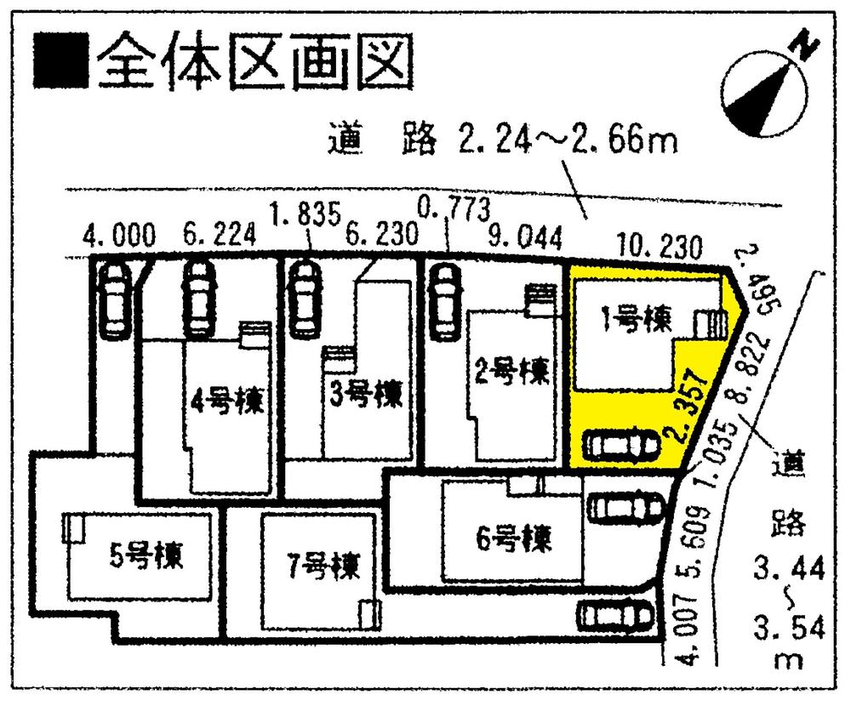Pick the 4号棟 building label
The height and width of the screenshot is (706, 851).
pyautogui.click(x=222, y=399)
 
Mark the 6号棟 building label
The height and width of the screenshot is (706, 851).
pyautogui.click(x=512, y=538)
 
